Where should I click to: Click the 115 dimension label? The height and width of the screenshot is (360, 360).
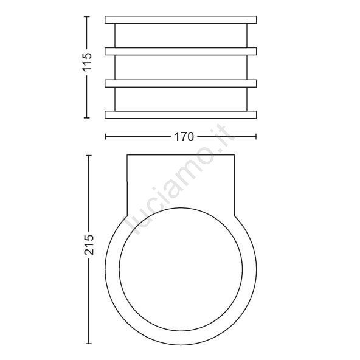(88, 62)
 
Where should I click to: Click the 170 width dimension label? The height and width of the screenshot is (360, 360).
(184, 137)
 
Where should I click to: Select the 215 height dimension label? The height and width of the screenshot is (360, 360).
(89, 244)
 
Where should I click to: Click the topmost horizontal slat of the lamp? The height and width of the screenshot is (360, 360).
(181, 19)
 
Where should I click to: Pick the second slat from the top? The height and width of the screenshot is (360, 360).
(181, 51)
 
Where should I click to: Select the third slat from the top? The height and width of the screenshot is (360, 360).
(181, 83)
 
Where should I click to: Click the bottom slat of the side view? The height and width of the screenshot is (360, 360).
(181, 115)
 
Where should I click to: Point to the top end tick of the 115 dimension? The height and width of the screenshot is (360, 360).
(86, 16)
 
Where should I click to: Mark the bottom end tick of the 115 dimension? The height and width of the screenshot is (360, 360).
(86, 118)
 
